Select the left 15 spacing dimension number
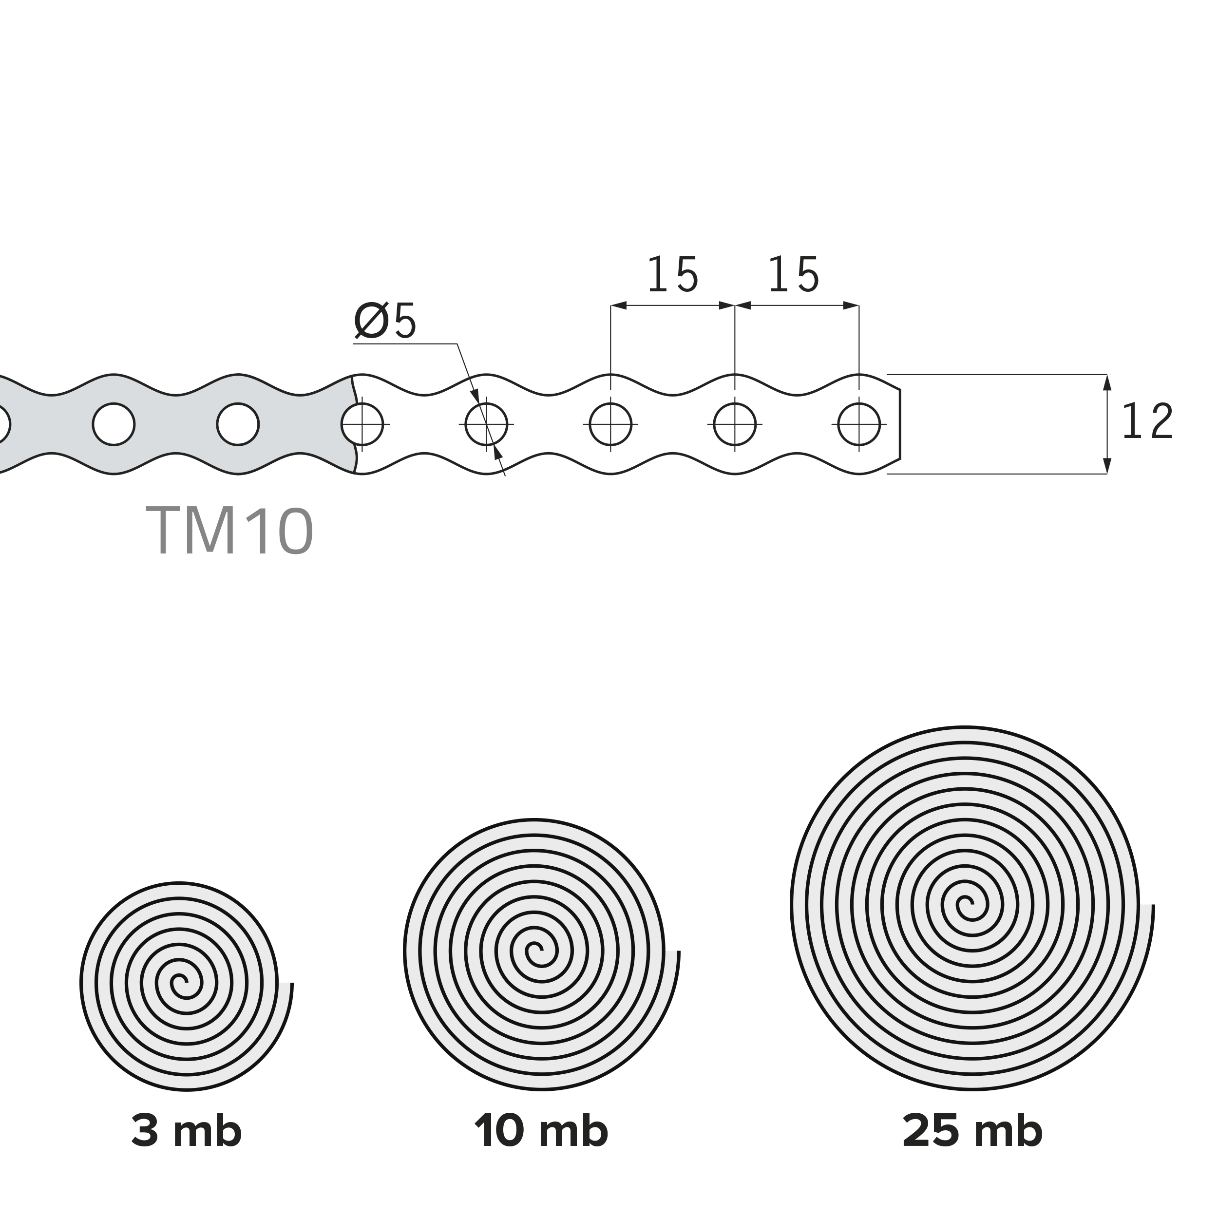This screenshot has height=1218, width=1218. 673,274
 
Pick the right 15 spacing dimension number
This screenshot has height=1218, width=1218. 794,274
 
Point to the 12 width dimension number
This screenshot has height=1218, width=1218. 1147,420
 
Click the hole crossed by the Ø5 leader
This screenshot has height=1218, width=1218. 486,424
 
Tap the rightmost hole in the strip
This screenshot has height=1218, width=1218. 858,424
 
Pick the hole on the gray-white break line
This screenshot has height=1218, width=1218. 362,424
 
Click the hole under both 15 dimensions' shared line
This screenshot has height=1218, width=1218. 735,424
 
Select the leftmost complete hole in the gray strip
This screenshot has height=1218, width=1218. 114,424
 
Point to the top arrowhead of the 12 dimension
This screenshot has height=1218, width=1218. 1107,382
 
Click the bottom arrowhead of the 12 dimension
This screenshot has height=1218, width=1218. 1107,465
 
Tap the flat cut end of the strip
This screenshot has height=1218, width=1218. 900,424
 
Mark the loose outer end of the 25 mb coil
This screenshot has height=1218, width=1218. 1153,906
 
